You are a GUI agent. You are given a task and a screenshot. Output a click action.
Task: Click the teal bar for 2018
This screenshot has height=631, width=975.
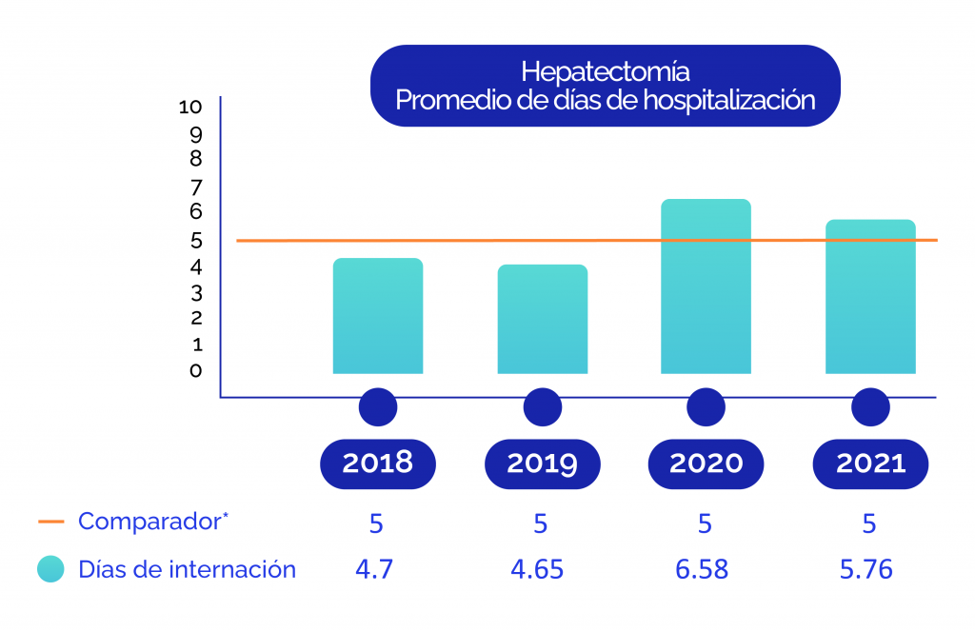click(x=378, y=316)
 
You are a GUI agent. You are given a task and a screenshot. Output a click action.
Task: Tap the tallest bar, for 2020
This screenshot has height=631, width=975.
click(x=706, y=286)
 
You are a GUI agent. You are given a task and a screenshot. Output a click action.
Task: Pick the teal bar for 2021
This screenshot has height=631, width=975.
click(x=870, y=297)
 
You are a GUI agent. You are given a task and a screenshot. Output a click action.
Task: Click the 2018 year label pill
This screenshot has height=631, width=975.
click(x=378, y=463)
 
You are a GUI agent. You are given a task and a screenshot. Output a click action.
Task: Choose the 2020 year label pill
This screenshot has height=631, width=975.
click(x=706, y=463)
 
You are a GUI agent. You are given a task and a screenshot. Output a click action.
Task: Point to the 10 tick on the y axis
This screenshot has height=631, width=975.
click(x=189, y=107)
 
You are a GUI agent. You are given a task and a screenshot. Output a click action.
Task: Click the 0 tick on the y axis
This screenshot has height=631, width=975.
click(x=195, y=370)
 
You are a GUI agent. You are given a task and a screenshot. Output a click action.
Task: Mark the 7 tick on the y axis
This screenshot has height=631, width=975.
click(x=195, y=186)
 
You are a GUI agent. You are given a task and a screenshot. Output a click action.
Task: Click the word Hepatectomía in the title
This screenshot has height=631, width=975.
click(x=606, y=71)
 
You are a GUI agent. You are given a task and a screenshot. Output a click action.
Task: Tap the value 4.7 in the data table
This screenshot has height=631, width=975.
click(x=374, y=570)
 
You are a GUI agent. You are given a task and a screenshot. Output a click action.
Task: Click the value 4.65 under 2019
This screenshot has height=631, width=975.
click(x=537, y=570)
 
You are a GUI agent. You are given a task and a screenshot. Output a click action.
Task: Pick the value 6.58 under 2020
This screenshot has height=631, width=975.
click(x=702, y=570)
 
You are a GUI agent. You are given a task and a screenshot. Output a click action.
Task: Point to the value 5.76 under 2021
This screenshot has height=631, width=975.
click(x=866, y=570)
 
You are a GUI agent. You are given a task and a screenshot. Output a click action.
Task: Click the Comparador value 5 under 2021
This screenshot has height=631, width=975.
click(x=868, y=523)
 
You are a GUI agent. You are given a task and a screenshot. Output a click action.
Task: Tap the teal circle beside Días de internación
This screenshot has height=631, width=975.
click(x=50, y=570)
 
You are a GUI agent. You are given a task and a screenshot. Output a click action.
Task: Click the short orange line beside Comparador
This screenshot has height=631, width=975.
click(x=50, y=522)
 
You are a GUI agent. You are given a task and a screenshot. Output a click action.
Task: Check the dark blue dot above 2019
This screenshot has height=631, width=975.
click(x=542, y=407)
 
